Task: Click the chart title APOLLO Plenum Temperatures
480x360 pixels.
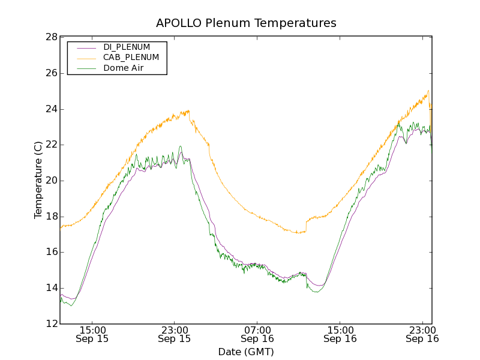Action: [246, 23]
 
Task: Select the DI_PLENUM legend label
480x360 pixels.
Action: [127, 47]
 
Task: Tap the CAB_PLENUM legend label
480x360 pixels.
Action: [131, 58]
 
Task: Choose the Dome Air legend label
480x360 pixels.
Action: [123, 68]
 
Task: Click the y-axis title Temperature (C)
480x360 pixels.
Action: [38, 180]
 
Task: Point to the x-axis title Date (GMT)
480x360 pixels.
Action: [246, 352]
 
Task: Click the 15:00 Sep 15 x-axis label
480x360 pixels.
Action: [92, 334]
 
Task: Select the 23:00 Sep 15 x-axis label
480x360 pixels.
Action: [175, 334]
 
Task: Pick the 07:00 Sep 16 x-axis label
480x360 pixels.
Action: [257, 334]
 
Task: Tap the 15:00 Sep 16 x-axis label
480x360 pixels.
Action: [340, 334]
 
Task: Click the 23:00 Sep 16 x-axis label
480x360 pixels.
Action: [422, 334]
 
